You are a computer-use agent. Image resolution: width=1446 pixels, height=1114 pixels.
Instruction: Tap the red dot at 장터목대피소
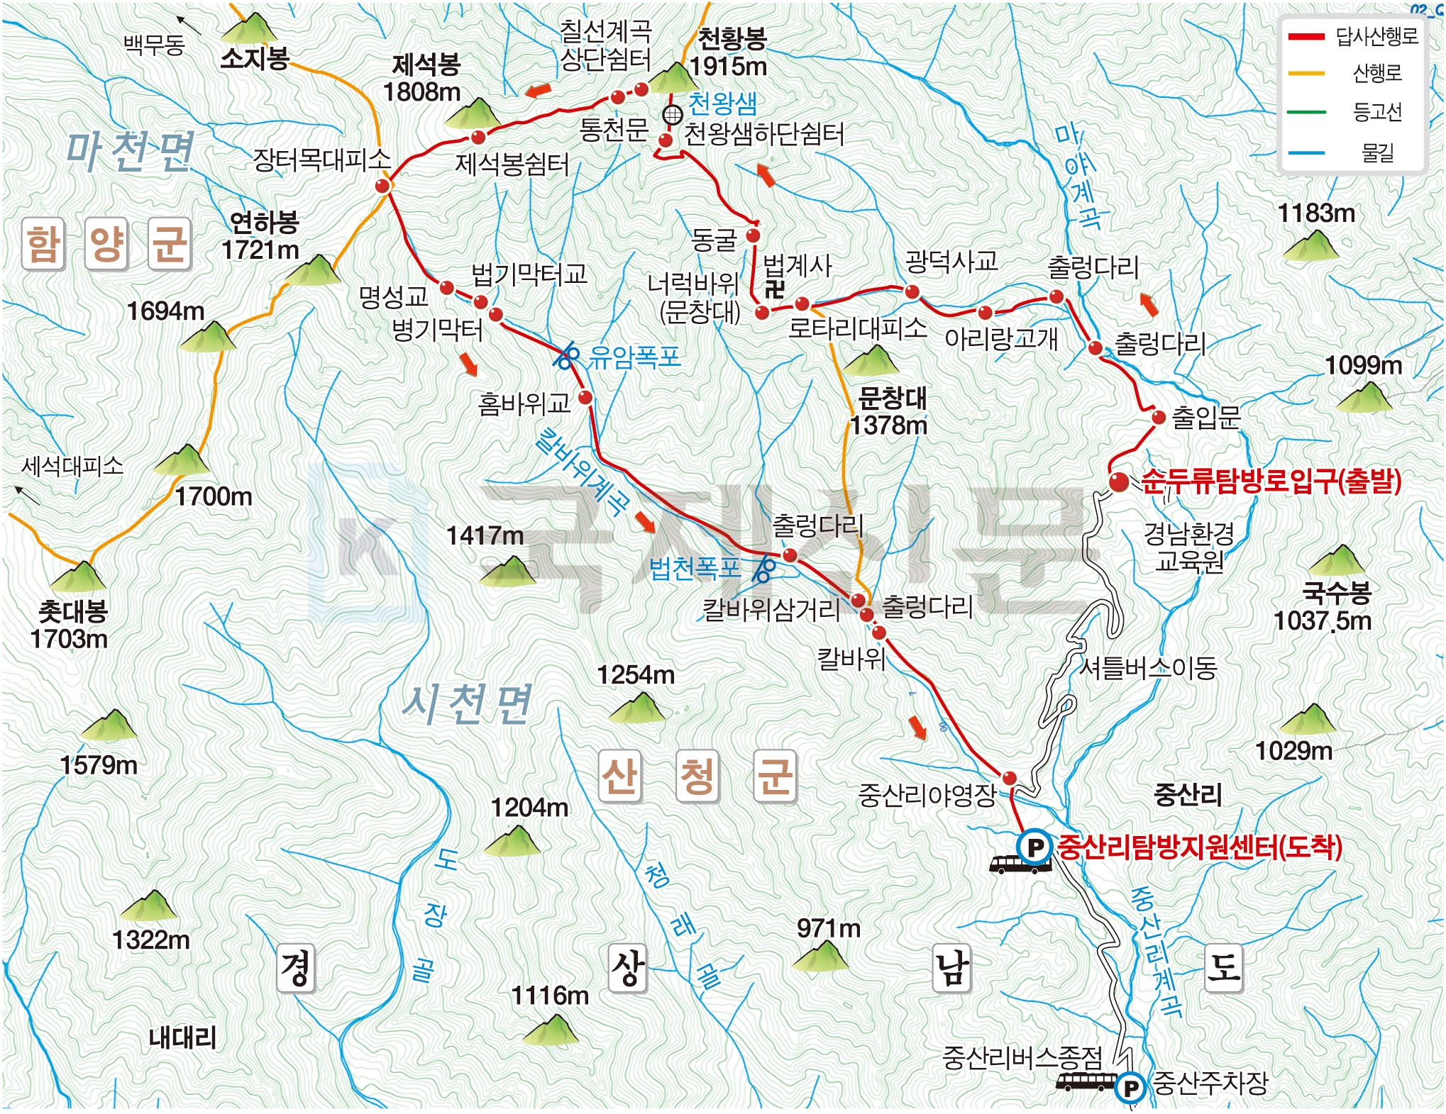pyautogui.click(x=382, y=186)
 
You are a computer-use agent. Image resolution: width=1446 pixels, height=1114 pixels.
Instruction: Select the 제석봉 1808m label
pyautogui.click(x=423, y=78)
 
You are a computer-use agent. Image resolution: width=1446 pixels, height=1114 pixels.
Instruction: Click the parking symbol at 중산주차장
pyautogui.click(x=1130, y=1087)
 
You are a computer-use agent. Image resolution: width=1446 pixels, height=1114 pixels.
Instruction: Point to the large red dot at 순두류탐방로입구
pyautogui.click(x=1119, y=482)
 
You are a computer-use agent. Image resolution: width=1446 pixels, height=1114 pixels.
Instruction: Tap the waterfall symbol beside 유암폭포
pyautogui.click(x=566, y=355)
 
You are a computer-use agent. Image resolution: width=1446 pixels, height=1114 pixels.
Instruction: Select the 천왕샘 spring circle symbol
pyautogui.click(x=672, y=114)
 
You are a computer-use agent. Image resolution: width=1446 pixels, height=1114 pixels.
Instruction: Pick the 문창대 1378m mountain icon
pyautogui.click(x=873, y=360)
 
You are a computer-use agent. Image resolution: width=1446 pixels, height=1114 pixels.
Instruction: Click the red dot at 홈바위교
pyautogui.click(x=585, y=398)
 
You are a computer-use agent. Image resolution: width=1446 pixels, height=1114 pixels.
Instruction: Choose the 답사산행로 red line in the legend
pyautogui.click(x=1306, y=37)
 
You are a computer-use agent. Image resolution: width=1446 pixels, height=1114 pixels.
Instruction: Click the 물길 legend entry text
pyautogui.click(x=1377, y=152)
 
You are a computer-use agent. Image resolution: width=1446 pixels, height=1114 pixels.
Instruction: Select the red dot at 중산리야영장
pyautogui.click(x=1009, y=778)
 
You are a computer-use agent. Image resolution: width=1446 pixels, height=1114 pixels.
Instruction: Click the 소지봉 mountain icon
pyautogui.click(x=249, y=28)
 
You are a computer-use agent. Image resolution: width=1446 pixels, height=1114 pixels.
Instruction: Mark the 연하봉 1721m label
pyautogui.click(x=261, y=236)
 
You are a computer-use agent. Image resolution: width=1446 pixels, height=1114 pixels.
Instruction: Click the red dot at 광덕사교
pyautogui.click(x=912, y=291)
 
